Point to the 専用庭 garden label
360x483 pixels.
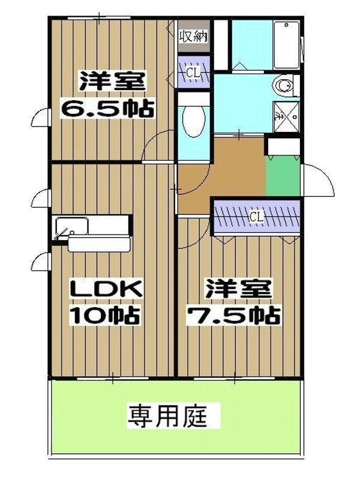click(x=166, y=415)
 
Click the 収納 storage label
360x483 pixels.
click(x=193, y=36)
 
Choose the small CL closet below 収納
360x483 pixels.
click(x=193, y=71)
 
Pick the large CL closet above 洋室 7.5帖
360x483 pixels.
click(x=256, y=217)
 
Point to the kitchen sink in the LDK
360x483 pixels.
click(x=71, y=227)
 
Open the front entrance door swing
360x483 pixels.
click(x=317, y=179)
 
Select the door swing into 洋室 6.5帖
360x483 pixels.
click(x=161, y=147)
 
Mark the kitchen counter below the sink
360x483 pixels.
click(x=99, y=244)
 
